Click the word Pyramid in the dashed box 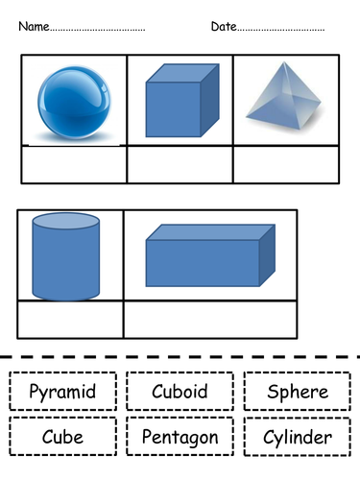(62, 392)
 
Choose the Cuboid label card (180, 392)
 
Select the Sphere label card (298, 392)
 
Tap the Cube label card (62, 437)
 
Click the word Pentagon (180, 437)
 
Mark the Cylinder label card (298, 438)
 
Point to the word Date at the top (222, 26)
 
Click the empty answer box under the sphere (74, 164)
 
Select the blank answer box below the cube (180, 164)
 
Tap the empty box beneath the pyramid (285, 164)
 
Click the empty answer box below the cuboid (210, 319)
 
